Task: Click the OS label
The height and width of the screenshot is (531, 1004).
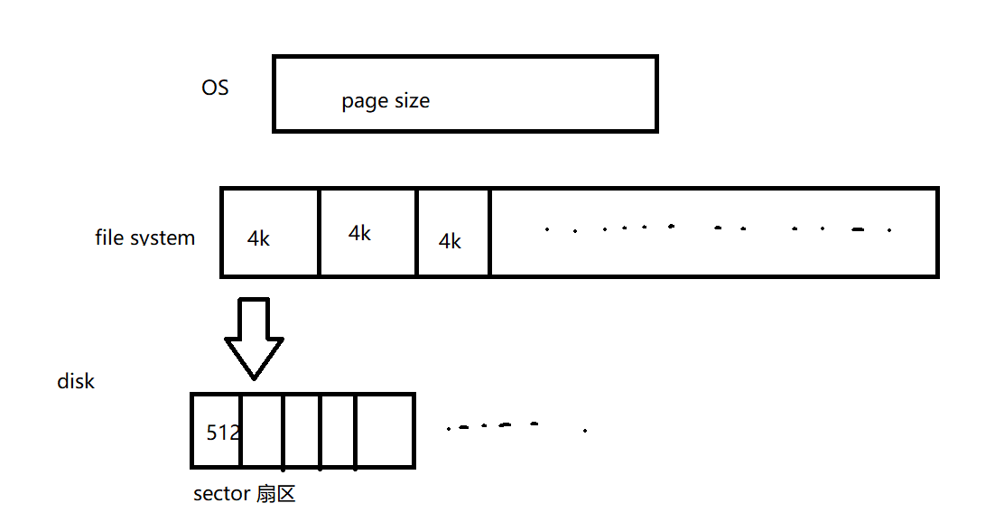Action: (x=215, y=88)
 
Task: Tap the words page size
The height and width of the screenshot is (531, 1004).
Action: (x=386, y=101)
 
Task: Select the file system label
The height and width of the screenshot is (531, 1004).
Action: (x=145, y=238)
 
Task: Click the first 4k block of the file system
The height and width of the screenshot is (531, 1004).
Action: (x=270, y=232)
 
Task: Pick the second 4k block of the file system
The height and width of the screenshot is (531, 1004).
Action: (x=367, y=232)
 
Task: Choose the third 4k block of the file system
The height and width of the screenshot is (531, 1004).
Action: (x=453, y=232)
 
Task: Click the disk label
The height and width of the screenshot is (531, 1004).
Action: (x=76, y=381)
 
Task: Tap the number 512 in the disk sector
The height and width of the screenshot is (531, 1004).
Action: (x=223, y=432)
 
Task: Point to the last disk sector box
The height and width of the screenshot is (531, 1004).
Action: (x=384, y=431)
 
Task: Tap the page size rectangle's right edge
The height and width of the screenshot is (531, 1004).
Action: (x=655, y=94)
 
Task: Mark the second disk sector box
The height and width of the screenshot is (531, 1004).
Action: (x=262, y=431)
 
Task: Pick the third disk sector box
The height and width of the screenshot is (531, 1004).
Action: (x=302, y=431)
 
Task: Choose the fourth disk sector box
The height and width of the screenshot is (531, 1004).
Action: (x=338, y=431)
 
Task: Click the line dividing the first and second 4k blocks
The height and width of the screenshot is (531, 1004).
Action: (x=319, y=232)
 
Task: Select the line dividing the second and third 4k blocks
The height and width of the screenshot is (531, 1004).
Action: (x=417, y=232)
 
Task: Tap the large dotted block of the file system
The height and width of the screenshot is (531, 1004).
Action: (x=713, y=232)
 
